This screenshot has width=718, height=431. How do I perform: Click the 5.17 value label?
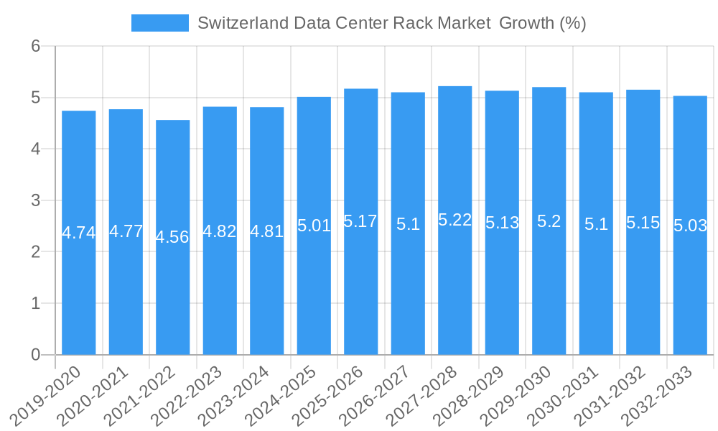360,221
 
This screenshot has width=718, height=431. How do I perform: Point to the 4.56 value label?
172,237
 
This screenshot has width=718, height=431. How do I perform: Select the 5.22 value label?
455,220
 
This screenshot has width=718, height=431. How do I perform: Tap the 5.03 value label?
690,226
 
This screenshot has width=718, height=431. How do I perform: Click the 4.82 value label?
220,231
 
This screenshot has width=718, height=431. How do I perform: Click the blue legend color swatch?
159,23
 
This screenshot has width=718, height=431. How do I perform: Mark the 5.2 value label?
549,221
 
